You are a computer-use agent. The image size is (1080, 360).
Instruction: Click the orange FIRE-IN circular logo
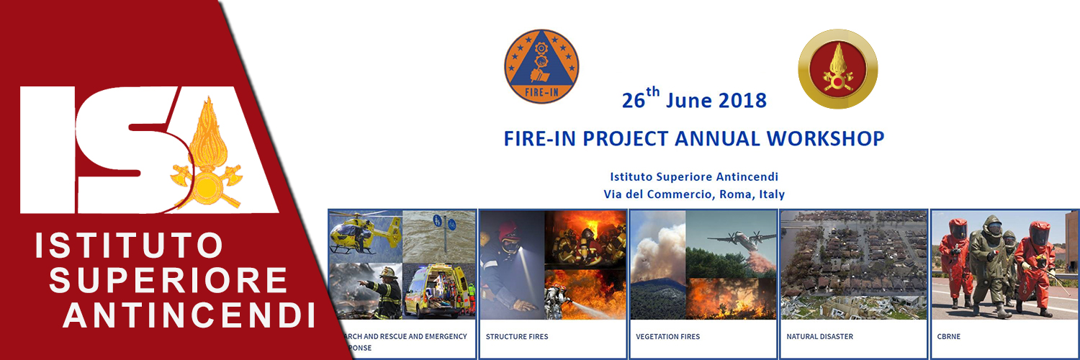(x=541, y=66)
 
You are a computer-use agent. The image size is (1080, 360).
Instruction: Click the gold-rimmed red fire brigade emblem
(x=837, y=69)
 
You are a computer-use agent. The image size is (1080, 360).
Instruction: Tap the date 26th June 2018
(x=694, y=99)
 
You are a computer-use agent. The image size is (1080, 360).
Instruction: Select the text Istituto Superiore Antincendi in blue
(x=694, y=176)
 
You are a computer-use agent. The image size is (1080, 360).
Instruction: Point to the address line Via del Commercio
(x=694, y=194)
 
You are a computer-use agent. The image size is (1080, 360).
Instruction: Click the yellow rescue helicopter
(x=364, y=233)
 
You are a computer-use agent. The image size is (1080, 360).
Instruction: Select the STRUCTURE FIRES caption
(x=517, y=336)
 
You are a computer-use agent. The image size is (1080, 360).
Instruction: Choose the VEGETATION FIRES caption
(x=667, y=336)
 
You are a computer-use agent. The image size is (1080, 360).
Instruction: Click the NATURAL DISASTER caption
(x=819, y=336)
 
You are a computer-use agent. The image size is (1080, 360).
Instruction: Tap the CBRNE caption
(x=948, y=336)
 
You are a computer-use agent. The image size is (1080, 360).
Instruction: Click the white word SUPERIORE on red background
(x=168, y=281)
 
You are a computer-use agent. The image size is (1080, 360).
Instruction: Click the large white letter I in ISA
(x=48, y=149)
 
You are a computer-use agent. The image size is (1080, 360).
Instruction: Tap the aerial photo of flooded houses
(x=853, y=264)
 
